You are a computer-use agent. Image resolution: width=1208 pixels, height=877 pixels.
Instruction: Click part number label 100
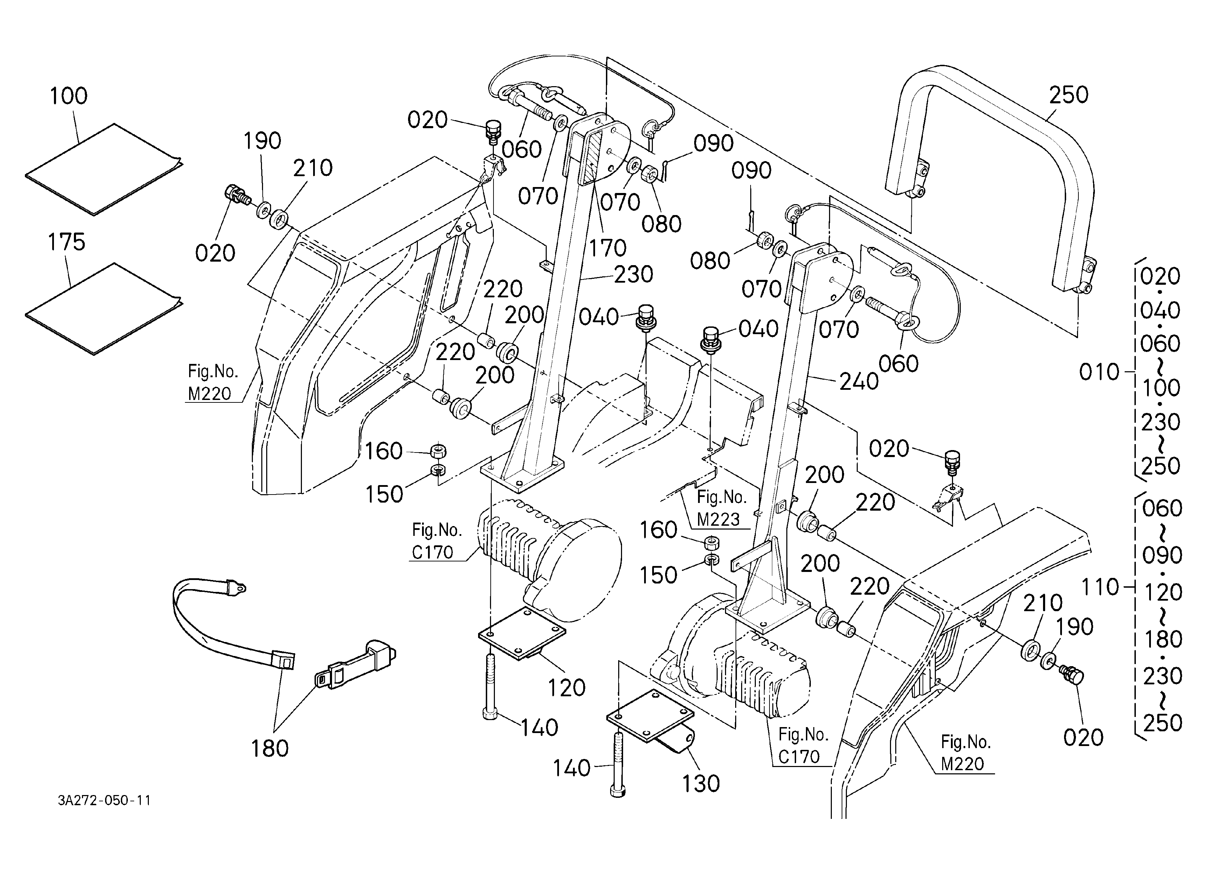point(69,96)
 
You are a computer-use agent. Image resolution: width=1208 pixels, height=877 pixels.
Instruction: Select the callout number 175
point(67,242)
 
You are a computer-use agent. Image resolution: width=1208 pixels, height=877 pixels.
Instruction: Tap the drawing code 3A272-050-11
point(104,800)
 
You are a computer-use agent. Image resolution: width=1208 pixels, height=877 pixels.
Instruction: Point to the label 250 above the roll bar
point(1069,95)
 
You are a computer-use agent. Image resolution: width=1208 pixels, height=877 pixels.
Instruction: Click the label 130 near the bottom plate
point(701,784)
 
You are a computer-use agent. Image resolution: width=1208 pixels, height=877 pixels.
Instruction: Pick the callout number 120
point(567,688)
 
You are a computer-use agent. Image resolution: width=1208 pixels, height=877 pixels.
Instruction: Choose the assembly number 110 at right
point(1100,587)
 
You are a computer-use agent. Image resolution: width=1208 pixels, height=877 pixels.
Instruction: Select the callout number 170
point(608,248)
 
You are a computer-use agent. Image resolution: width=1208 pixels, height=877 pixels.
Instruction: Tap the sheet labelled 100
point(104,169)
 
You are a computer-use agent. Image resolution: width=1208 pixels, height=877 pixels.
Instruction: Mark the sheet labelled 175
point(104,309)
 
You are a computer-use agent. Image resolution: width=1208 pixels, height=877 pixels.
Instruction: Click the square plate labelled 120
point(522,633)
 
